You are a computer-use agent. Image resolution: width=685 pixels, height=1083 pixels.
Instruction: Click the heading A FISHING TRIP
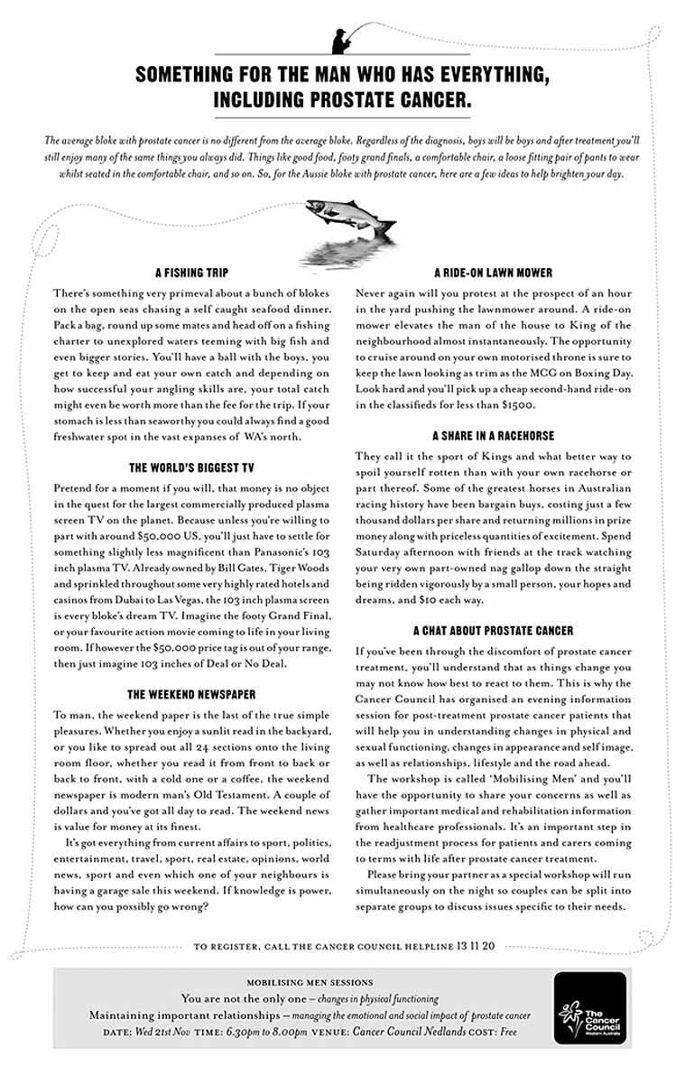(x=192, y=273)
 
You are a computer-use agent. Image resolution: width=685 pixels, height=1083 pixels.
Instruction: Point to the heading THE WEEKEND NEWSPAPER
(x=191, y=694)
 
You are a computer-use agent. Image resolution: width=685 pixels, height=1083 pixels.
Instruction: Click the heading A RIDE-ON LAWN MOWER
(x=493, y=273)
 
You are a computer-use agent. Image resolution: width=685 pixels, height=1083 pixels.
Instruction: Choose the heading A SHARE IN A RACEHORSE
(x=493, y=435)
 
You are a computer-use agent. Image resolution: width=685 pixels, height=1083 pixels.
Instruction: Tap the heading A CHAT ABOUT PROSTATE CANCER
(x=493, y=630)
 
